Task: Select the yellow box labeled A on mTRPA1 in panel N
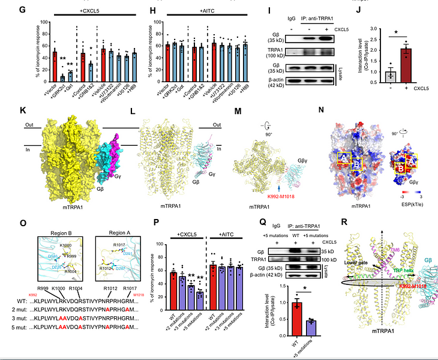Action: point(343,158)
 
